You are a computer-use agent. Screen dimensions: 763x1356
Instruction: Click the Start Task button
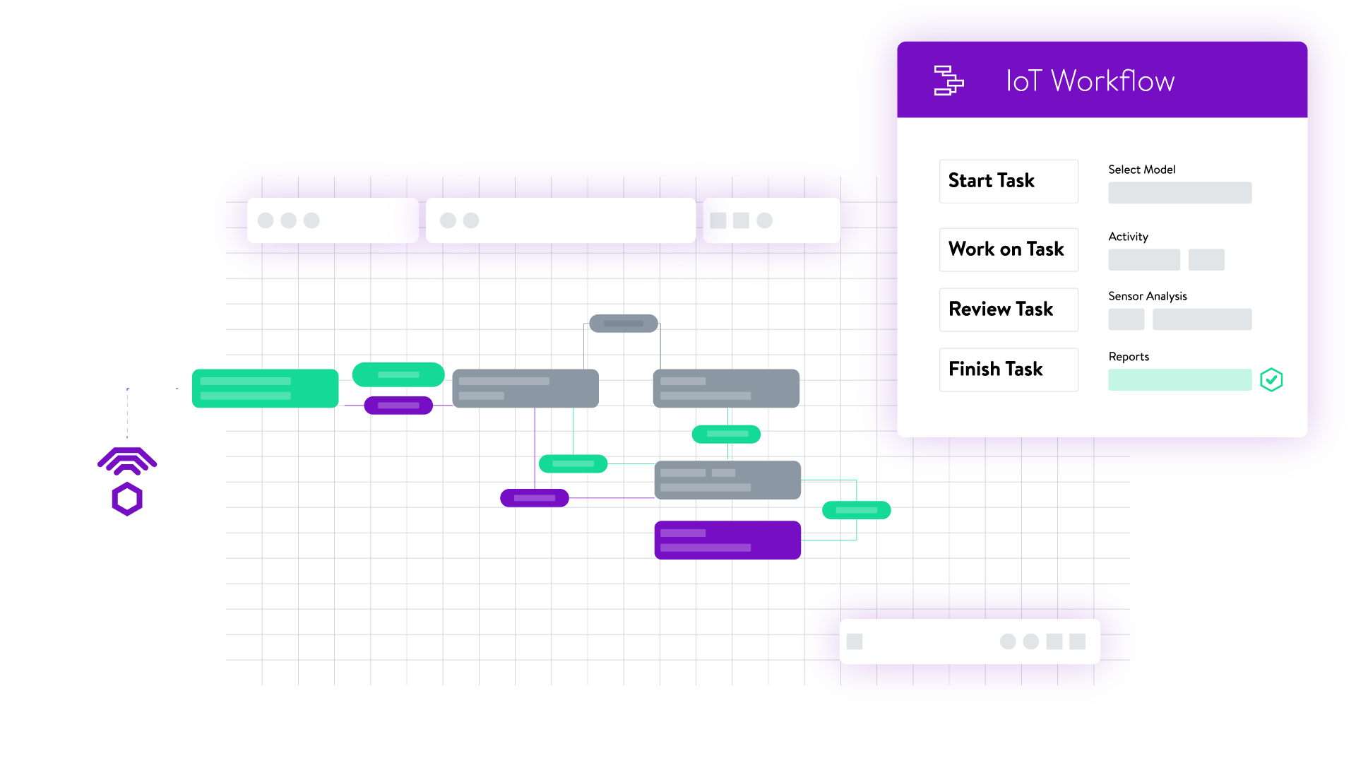coord(1008,182)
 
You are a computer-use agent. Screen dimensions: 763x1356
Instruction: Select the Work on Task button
coord(1008,249)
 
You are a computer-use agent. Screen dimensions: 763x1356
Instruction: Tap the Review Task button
coord(1008,309)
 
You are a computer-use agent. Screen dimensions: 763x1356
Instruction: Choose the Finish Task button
coord(1008,369)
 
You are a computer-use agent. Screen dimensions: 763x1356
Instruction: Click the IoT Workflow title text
coord(1090,81)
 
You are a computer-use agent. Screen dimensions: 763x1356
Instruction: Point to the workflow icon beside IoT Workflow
coord(948,81)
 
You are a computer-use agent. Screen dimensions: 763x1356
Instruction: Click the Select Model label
coord(1141,170)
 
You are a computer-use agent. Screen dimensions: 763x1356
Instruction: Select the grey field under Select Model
coord(1179,193)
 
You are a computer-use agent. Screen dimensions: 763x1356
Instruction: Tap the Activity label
coord(1128,237)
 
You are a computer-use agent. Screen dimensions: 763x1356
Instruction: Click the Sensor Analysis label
coord(1147,296)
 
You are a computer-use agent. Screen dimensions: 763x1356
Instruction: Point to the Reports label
coord(1128,357)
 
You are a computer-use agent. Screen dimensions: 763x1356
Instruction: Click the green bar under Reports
coord(1179,380)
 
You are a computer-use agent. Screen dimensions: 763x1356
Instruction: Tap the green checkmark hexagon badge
coord(1271,380)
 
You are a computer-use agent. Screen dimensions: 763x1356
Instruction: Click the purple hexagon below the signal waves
coord(127,499)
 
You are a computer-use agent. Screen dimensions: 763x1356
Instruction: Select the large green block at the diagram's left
coord(265,389)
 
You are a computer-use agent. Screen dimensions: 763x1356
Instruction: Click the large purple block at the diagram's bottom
coord(727,540)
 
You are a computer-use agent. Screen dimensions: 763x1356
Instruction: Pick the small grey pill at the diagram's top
coord(623,324)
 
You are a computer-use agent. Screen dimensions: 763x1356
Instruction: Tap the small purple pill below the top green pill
coord(398,406)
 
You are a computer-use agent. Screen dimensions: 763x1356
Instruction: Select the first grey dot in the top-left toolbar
coord(266,220)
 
